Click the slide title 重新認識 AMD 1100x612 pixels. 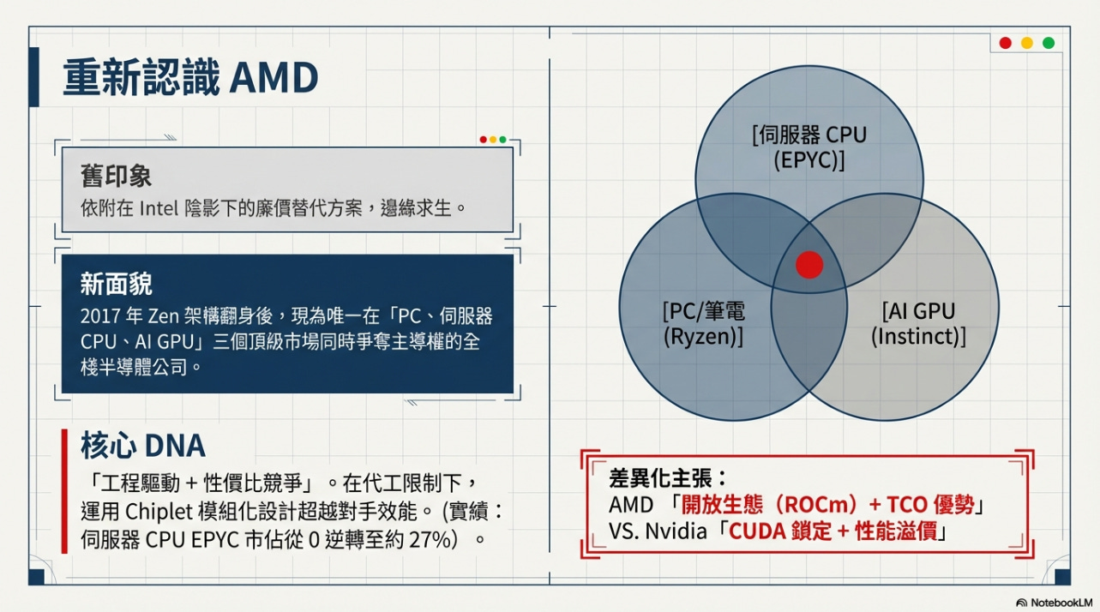coord(190,78)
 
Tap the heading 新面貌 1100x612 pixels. coord(116,284)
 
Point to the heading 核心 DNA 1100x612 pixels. coord(143,446)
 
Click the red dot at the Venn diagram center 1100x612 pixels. coord(808,265)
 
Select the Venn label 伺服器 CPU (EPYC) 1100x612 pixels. coord(809,147)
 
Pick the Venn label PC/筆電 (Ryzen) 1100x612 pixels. coord(703,323)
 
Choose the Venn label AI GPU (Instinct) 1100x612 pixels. coord(917,323)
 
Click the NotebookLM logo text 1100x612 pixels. coord(1060,603)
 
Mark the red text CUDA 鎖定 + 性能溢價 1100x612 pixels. coord(831,531)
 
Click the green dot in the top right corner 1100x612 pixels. coord(1048,43)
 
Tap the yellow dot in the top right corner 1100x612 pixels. coord(1026,43)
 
